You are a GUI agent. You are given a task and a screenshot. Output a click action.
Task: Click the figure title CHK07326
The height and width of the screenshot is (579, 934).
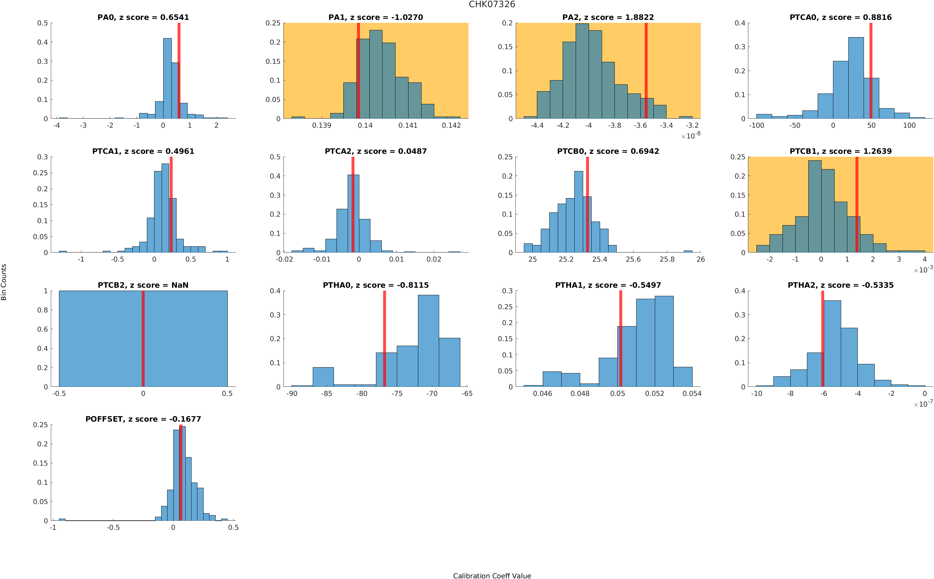click(x=492, y=5)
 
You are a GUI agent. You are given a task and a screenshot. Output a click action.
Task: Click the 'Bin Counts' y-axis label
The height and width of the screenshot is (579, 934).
click(x=4, y=282)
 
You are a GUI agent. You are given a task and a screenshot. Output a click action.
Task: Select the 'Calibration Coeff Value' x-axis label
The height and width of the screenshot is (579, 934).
click(x=492, y=575)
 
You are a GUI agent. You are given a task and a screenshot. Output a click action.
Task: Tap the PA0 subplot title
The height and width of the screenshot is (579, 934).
click(x=143, y=17)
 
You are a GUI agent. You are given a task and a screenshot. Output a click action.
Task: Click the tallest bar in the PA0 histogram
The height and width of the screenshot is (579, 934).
click(x=167, y=79)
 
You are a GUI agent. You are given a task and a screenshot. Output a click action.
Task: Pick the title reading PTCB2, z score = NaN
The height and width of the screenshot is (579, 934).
click(x=143, y=285)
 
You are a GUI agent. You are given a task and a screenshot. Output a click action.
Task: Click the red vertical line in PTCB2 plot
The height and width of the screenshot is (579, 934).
click(x=143, y=339)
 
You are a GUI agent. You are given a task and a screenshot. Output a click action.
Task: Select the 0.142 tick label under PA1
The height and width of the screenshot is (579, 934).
click(x=451, y=125)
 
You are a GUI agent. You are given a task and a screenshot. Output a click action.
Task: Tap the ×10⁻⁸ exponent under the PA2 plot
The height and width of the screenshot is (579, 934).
click(x=691, y=136)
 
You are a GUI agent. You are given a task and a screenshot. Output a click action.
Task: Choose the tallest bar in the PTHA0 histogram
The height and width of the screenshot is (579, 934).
click(x=428, y=341)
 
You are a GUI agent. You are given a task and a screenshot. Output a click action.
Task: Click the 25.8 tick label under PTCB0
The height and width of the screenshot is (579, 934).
click(x=667, y=260)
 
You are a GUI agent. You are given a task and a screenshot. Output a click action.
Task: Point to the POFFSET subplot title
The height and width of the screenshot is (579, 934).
click(x=143, y=419)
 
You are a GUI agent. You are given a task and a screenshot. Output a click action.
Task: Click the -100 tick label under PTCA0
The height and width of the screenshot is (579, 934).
click(x=756, y=125)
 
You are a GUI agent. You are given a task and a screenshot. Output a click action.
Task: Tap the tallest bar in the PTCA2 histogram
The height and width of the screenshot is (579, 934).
click(x=353, y=214)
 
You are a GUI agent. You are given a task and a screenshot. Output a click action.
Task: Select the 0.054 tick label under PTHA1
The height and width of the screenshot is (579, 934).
click(x=692, y=394)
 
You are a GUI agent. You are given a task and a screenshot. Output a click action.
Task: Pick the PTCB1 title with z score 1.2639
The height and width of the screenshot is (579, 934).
click(x=840, y=151)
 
